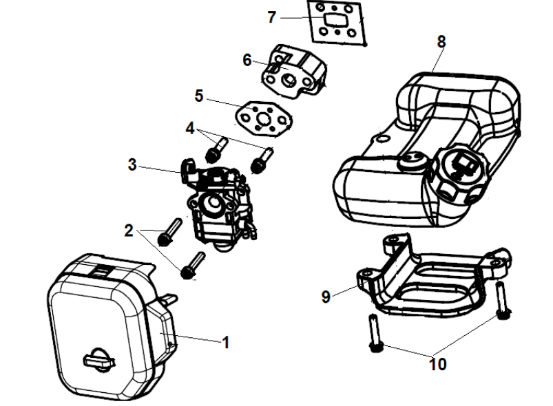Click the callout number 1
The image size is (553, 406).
(x=225, y=342)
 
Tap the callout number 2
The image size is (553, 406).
(x=129, y=231)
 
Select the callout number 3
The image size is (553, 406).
(x=132, y=164)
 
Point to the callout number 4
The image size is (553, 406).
(x=190, y=128)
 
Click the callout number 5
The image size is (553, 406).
(x=199, y=96)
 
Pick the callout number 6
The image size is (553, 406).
(x=247, y=60)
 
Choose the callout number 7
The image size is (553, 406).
(x=271, y=17)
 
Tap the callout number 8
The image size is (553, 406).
(x=441, y=42)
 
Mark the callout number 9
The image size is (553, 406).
(x=326, y=297)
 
